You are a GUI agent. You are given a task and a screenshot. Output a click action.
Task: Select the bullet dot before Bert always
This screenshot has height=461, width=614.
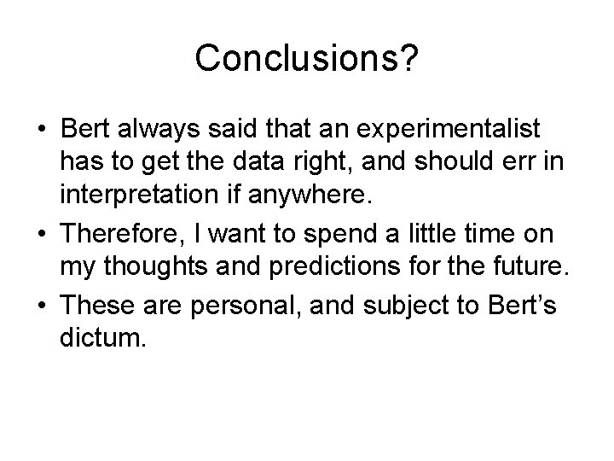tap(42, 131)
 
